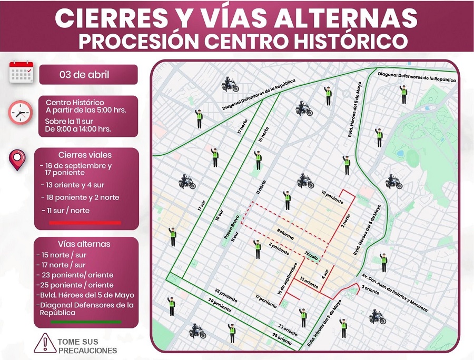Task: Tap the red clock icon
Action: (20, 112)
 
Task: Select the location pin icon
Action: (17, 160)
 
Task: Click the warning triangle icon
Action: (45, 343)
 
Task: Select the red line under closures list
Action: (85, 223)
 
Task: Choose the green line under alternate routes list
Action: (85, 322)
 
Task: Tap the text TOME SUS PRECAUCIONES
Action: (87, 346)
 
